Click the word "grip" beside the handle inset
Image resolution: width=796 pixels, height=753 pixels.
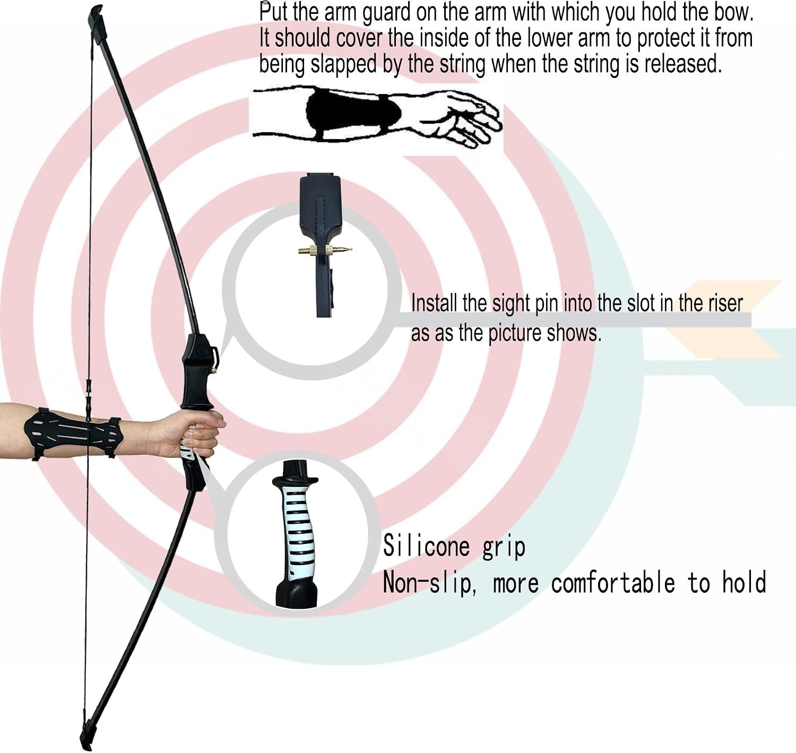[x=504, y=547]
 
